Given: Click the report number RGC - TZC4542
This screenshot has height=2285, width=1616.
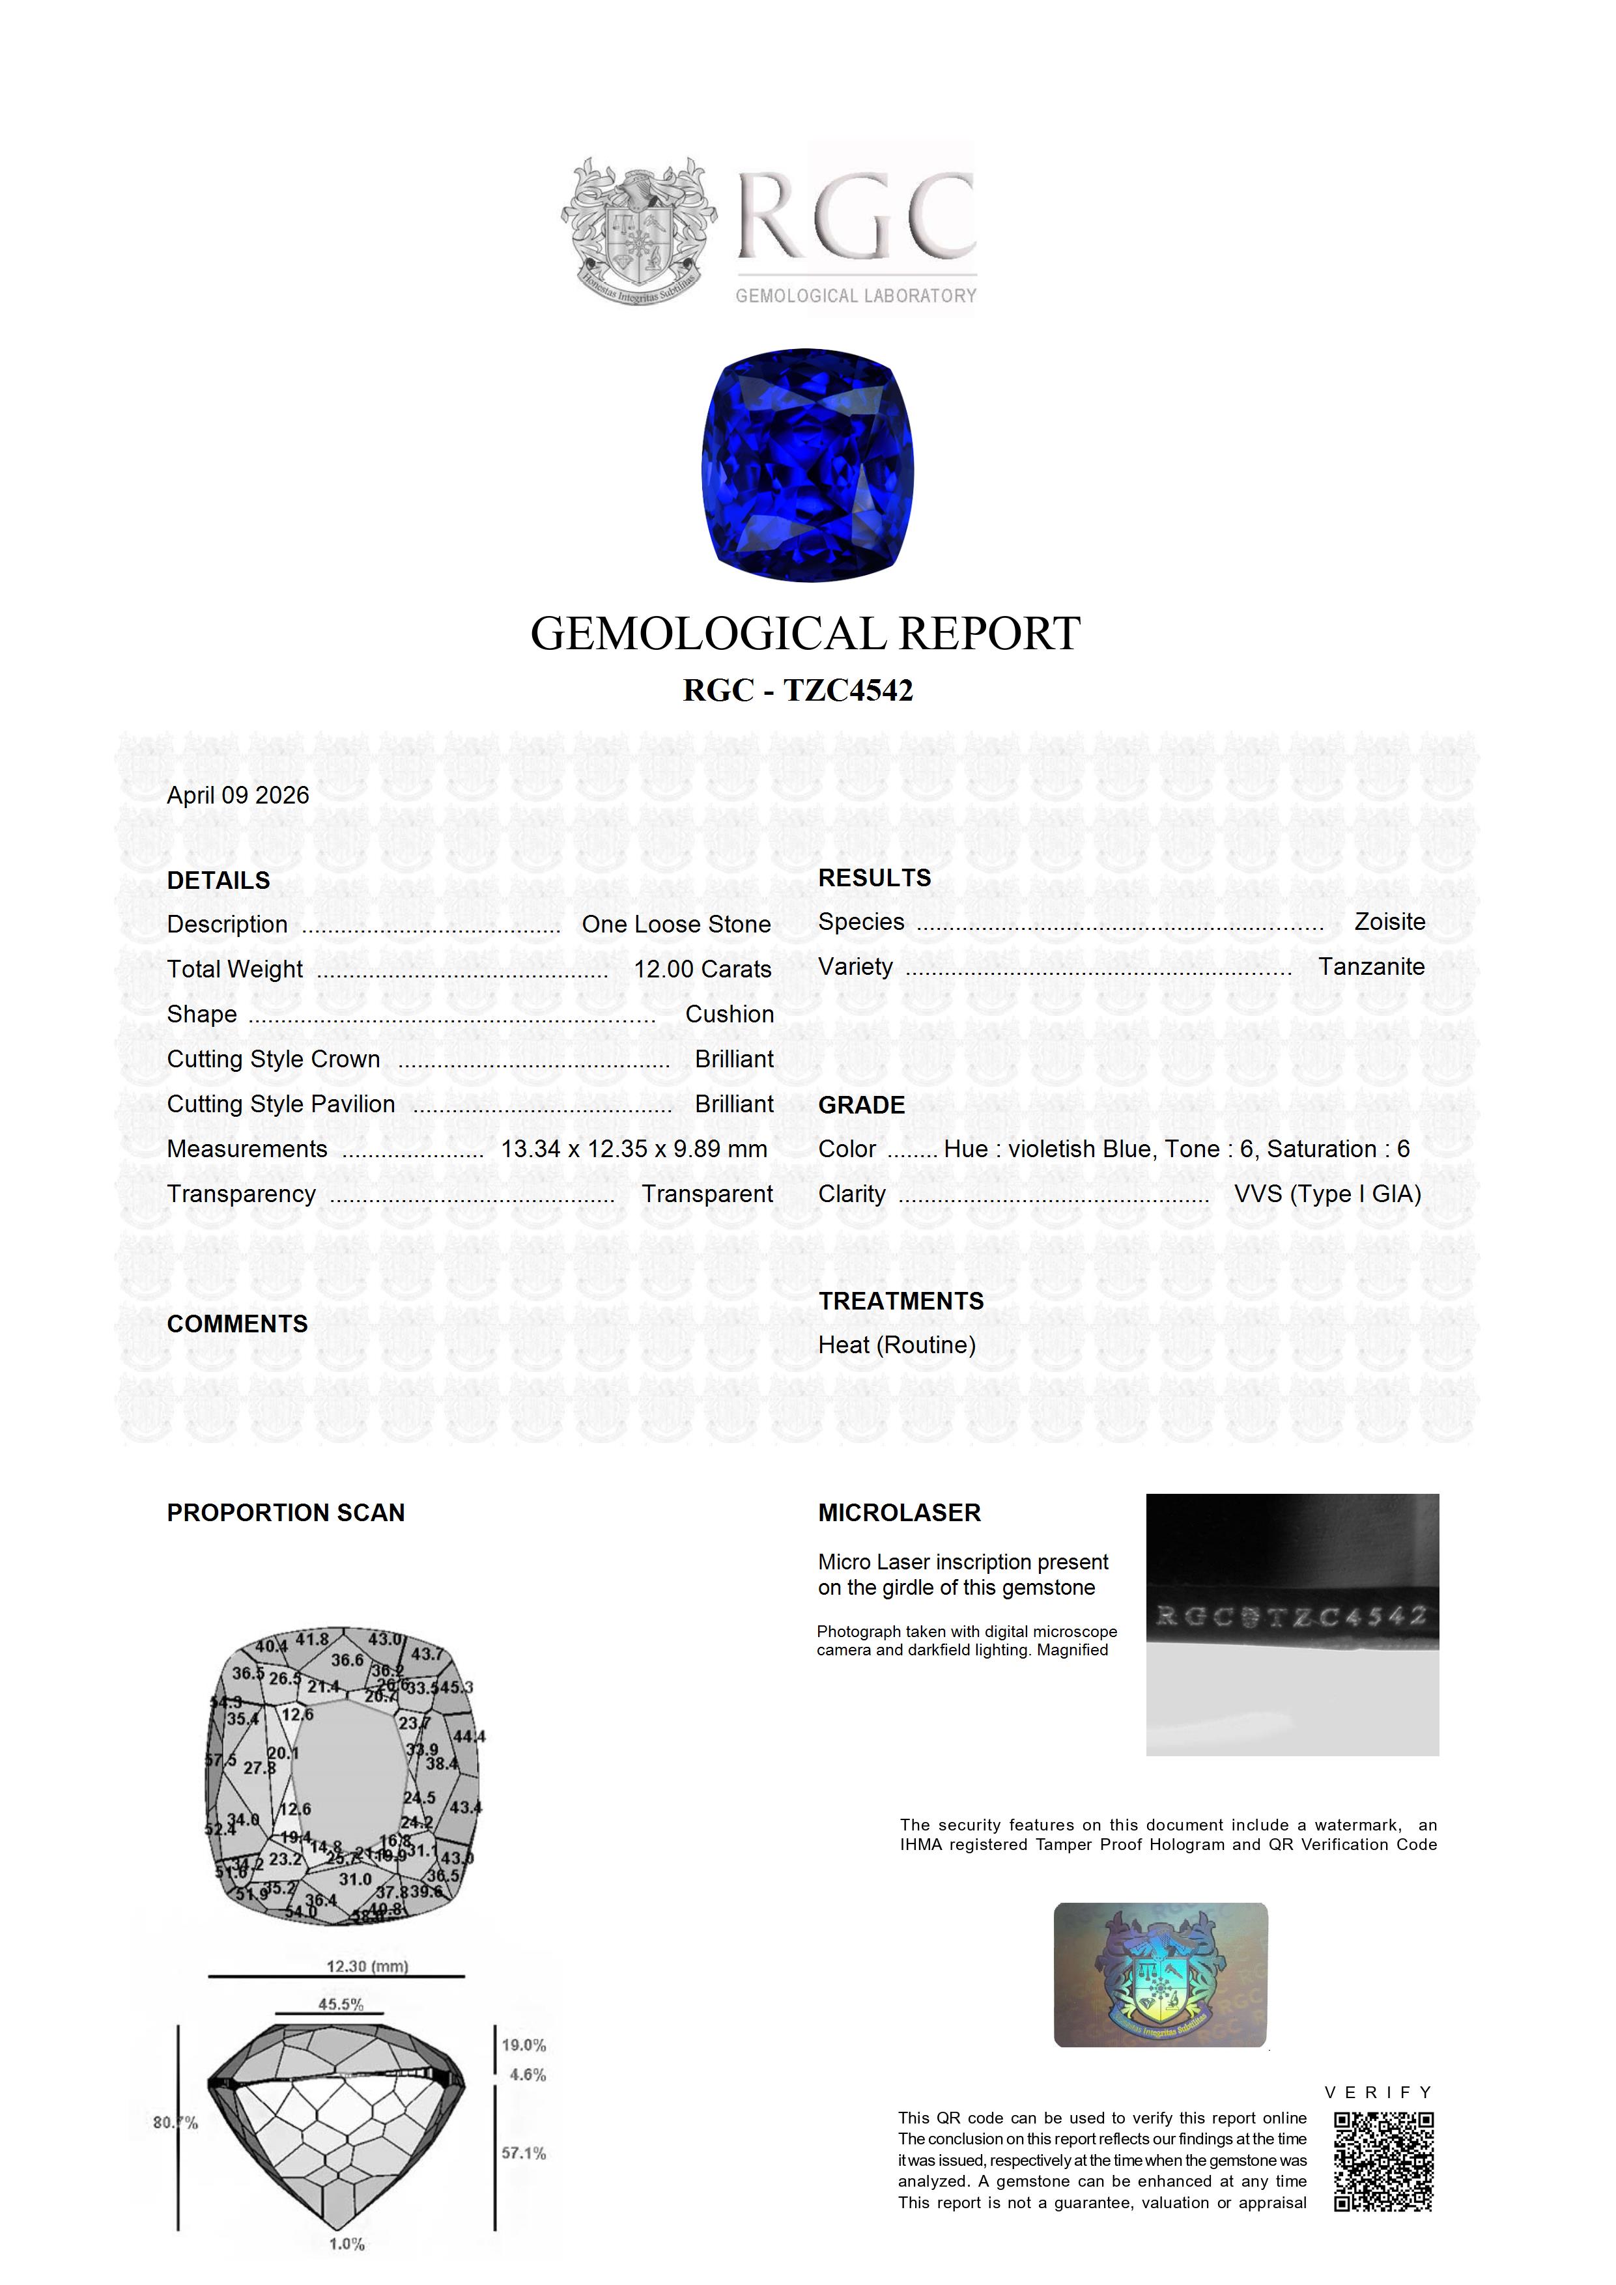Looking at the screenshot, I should pos(797,691).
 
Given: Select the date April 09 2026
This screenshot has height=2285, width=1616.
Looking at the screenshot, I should pos(238,795).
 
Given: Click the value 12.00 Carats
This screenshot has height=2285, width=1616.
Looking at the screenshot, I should pos(702,970).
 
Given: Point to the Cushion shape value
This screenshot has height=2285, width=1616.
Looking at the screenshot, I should pos(729,1014).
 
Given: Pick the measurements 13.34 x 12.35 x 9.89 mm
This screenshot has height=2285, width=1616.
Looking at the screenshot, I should pos(633,1149).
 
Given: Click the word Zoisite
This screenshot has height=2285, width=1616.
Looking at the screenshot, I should pos(1389,921).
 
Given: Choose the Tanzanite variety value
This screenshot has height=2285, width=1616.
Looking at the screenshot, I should pos(1371,966).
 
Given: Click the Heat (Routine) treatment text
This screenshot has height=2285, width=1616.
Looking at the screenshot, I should pos(896,1345).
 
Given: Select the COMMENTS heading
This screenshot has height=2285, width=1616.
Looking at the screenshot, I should pos(237,1324).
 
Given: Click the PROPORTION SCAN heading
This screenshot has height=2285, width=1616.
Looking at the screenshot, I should pos(286,1513).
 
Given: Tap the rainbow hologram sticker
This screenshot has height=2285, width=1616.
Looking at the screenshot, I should pos(1160,1976).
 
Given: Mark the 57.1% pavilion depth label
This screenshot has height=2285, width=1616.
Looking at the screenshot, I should pos(524,2153).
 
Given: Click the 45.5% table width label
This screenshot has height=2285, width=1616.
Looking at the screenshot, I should pos(341,2004).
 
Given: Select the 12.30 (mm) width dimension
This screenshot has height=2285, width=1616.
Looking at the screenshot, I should pos(367,1967).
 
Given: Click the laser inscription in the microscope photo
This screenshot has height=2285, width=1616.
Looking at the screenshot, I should pos(1292,1616).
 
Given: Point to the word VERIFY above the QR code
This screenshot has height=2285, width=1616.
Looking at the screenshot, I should pos(1378,2092).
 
